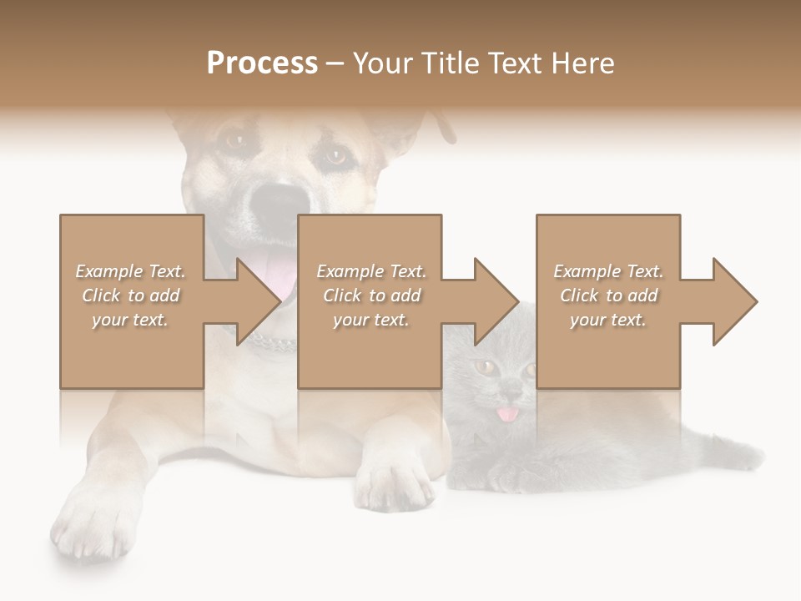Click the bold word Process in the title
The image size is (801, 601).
pos(262,63)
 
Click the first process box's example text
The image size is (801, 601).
pos(131,295)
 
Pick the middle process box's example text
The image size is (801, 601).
pos(371,295)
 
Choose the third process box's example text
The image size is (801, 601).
pos(608,295)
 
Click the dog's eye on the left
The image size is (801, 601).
pos(234,140)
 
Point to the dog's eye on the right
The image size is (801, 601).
pos(335,156)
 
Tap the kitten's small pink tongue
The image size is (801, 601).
pos(506,414)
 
